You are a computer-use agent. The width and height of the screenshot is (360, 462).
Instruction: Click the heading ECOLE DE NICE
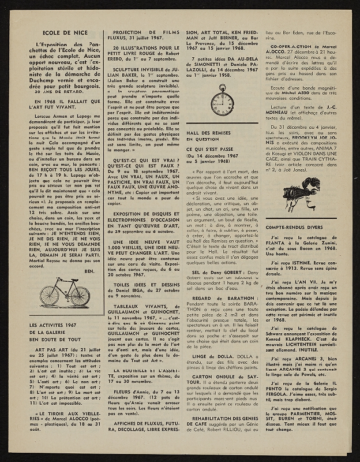[x=52, y=35]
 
